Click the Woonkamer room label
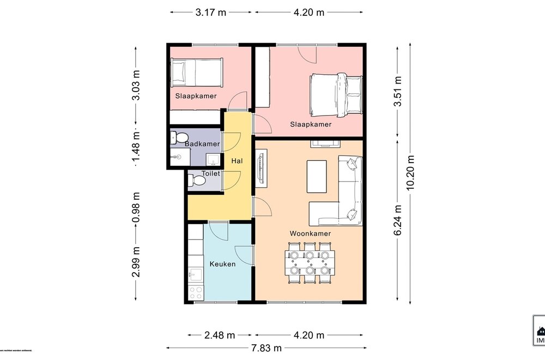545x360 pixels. click(310, 233)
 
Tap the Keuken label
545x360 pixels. click(222, 263)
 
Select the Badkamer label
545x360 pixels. click(202, 144)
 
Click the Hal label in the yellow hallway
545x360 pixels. click(237, 161)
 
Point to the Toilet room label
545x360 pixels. click(210, 173)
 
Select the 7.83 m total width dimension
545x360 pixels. click(266, 348)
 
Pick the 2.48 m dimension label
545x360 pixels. click(220, 335)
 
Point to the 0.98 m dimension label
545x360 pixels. click(136, 207)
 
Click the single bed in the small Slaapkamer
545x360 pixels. click(196, 72)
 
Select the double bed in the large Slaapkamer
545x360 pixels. click(336, 94)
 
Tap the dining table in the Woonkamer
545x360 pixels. click(310, 263)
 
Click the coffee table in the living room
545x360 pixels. click(316, 176)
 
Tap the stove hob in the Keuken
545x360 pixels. click(196, 292)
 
